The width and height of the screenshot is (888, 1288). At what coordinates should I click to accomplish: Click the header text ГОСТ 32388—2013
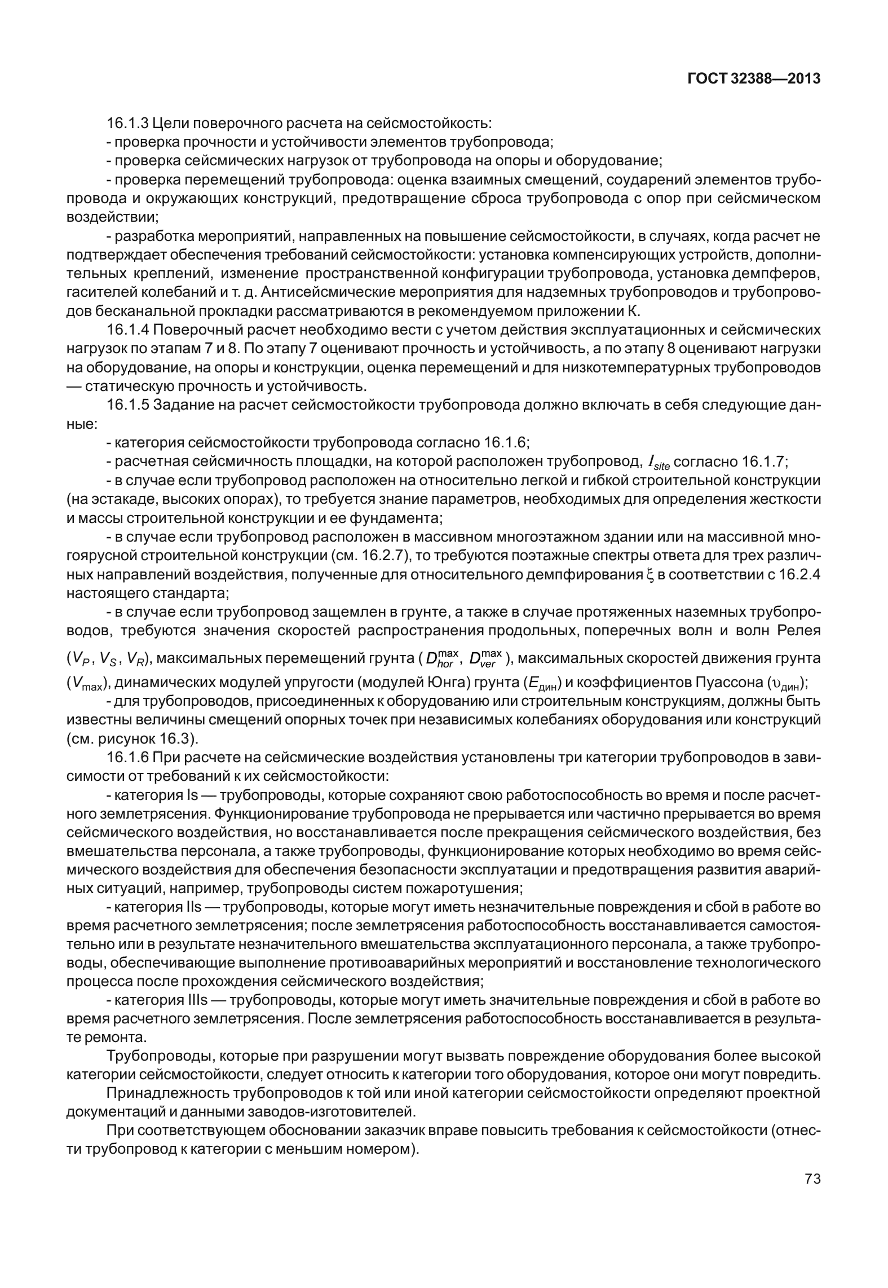pos(754,79)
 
